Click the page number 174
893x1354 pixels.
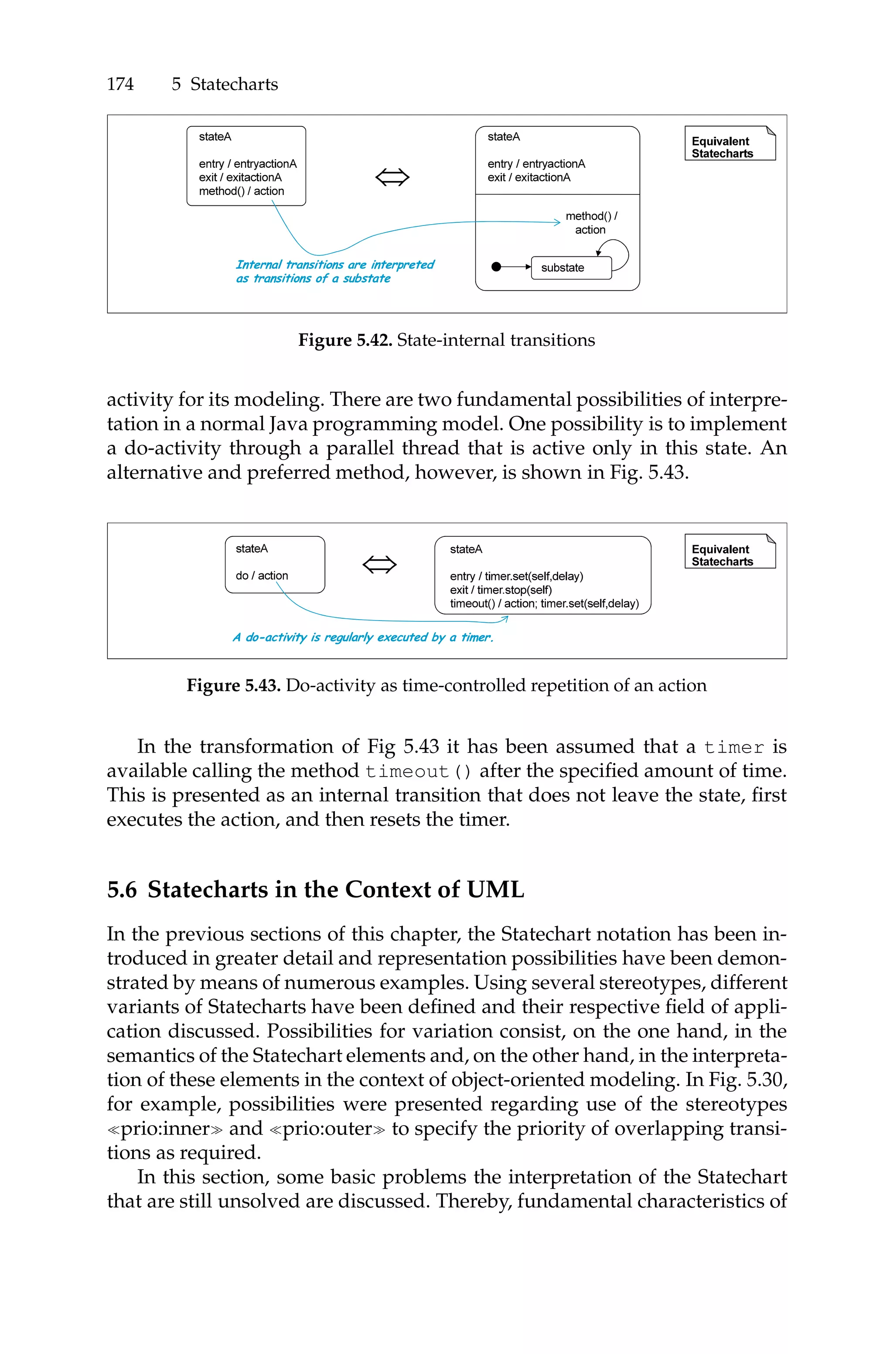coord(120,84)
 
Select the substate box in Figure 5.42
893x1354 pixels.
coord(571,268)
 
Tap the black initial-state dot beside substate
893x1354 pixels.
coord(496,266)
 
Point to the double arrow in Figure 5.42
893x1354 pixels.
coord(392,177)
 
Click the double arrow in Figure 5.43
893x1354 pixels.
coord(379,564)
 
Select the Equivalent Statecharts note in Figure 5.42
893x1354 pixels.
coord(729,143)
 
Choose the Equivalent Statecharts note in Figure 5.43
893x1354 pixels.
coord(729,551)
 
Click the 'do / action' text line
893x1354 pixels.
coord(262,576)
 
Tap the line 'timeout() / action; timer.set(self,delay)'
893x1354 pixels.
coord(544,604)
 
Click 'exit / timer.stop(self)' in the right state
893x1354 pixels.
coord(501,590)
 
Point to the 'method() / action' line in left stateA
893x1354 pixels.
coord(242,191)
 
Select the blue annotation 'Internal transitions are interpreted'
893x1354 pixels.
coord(335,265)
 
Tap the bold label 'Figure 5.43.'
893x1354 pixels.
coord(234,686)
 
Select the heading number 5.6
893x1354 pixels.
coord(122,890)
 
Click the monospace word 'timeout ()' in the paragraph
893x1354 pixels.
coord(418,771)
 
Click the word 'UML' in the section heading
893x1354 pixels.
coord(495,890)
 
